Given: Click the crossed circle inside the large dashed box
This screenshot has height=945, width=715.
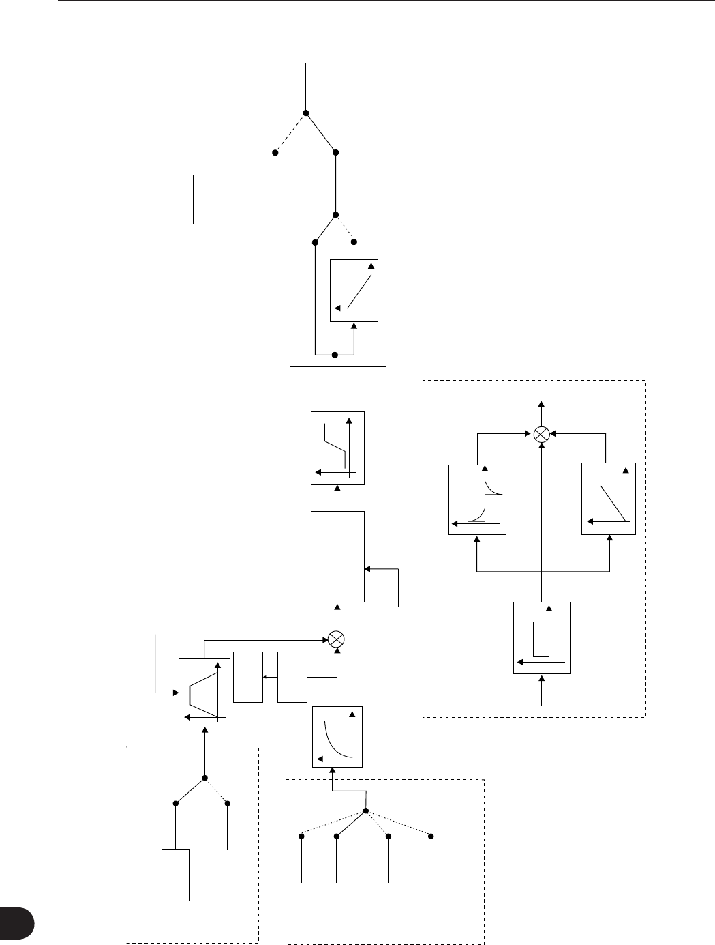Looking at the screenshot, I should tap(541, 433).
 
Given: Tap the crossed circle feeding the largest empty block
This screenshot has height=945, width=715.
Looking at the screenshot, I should tap(335, 638).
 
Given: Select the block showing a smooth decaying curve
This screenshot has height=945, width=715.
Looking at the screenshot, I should tap(337, 737).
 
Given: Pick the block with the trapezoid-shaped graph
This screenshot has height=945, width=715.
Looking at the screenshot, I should tap(204, 693).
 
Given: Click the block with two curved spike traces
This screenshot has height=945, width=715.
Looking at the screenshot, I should tap(477, 499).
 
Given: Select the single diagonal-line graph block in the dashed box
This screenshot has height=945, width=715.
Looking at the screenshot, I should tap(608, 499).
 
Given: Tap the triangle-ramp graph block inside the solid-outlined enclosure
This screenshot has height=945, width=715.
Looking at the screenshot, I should tap(353, 291).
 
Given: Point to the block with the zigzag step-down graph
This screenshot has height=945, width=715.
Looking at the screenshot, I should tap(337, 448).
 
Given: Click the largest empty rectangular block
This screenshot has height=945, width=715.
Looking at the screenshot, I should tap(337, 557).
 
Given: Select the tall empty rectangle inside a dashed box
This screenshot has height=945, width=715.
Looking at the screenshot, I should tap(175, 875).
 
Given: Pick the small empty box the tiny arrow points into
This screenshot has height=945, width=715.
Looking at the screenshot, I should tap(247, 677).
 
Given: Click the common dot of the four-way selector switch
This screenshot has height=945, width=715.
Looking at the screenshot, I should tap(366, 811).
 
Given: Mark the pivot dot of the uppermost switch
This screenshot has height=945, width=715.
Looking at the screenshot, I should tap(306, 113).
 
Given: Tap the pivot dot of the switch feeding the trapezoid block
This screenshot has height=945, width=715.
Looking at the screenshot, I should tap(204, 778).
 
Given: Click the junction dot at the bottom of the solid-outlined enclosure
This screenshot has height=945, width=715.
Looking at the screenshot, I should tap(335, 355).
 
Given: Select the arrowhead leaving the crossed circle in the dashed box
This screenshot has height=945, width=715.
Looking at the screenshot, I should tap(541, 403).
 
